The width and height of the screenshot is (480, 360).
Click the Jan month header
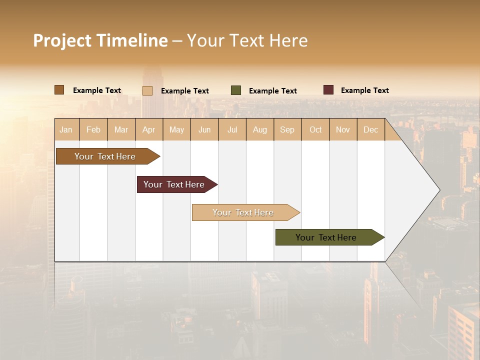click(66, 129)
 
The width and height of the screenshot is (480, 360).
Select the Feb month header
click(93, 129)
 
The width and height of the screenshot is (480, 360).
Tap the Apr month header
click(148, 129)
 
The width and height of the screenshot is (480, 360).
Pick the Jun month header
click(204, 129)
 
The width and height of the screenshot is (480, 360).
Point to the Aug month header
click(259, 129)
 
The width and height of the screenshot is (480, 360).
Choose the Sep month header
click(287, 129)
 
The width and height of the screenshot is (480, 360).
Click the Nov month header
click(342, 129)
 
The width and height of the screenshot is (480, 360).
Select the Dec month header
click(370, 129)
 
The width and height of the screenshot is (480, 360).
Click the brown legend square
click(59, 90)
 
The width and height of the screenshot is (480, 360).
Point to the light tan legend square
click(147, 90)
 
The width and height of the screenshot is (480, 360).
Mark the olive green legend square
click(236, 90)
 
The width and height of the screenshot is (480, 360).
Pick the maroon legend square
click(328, 90)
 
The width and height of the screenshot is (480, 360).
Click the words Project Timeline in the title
click(100, 40)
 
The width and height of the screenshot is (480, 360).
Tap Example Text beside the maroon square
click(364, 90)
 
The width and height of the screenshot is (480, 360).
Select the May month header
click(176, 129)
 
